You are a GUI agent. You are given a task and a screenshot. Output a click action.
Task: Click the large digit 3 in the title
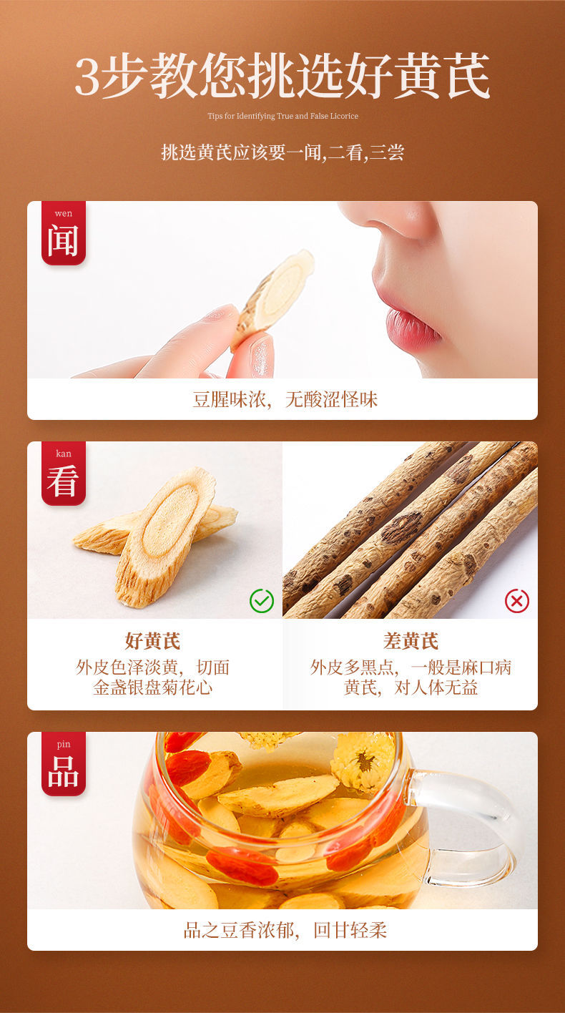click(x=87, y=77)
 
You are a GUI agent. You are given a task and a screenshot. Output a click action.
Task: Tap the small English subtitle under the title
click(x=282, y=116)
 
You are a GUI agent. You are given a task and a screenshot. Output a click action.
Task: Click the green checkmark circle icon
click(x=262, y=601)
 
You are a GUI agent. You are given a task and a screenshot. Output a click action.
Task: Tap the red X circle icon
click(x=517, y=601)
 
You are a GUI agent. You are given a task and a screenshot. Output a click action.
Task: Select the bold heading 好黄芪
click(x=152, y=641)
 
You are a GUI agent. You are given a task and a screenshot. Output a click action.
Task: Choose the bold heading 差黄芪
click(x=411, y=641)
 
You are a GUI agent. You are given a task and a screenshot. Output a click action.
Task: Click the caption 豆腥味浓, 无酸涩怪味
click(x=285, y=399)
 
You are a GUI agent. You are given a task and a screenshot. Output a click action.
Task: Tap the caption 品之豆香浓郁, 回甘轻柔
click(x=285, y=930)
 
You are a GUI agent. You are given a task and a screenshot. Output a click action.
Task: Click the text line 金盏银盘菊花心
click(x=152, y=688)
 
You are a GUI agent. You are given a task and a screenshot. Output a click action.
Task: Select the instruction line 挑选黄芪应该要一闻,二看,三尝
click(x=282, y=152)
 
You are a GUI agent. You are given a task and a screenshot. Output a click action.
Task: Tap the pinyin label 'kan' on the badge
click(x=63, y=454)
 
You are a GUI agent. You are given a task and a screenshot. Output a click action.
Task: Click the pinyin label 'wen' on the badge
click(x=63, y=213)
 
